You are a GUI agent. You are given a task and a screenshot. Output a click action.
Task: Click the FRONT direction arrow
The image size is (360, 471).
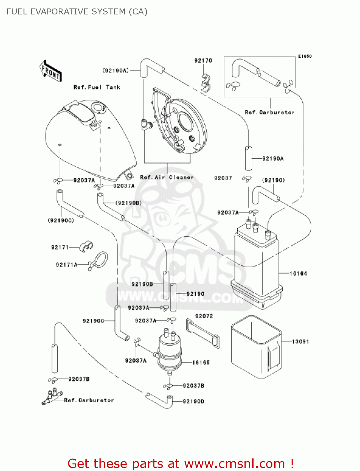[50, 71]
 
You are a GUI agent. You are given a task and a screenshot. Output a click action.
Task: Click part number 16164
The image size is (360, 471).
[298, 273]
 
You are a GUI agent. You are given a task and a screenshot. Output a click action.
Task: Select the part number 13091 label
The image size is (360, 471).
[300, 341]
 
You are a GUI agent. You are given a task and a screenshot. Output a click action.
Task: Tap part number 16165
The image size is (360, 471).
[201, 362]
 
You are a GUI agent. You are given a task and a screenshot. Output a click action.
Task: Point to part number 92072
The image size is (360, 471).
[204, 316]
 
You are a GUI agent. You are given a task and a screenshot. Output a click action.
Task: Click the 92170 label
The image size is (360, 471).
[203, 61]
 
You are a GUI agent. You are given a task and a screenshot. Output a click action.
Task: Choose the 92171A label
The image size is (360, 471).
[67, 265]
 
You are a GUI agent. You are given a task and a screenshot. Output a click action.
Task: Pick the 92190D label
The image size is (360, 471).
[193, 401]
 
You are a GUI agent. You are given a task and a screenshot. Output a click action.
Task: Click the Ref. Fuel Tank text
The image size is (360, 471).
[97, 87]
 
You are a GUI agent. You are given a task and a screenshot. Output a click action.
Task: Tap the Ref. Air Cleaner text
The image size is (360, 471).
[167, 177]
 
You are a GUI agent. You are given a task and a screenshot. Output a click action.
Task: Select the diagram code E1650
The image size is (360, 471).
[305, 56]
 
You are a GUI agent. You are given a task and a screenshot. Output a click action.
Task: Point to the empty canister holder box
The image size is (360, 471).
[256, 347]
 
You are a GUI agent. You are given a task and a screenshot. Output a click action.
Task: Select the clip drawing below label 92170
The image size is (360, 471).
[206, 83]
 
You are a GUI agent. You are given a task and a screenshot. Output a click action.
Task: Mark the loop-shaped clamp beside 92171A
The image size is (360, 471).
[99, 260]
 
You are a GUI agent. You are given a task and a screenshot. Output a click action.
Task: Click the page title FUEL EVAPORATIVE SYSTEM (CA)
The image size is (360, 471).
[77, 12]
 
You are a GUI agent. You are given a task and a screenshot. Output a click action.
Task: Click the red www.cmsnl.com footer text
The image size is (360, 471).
[180, 463]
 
